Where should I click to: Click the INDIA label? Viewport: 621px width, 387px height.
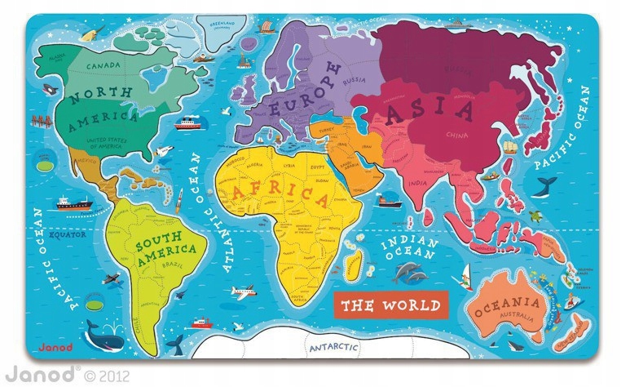416,183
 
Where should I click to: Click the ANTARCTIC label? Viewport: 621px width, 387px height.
333,348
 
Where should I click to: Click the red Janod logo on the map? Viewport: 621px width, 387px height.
51,347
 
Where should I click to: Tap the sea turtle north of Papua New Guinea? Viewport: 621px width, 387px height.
535,216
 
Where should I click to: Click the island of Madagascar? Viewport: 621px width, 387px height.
352,262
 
